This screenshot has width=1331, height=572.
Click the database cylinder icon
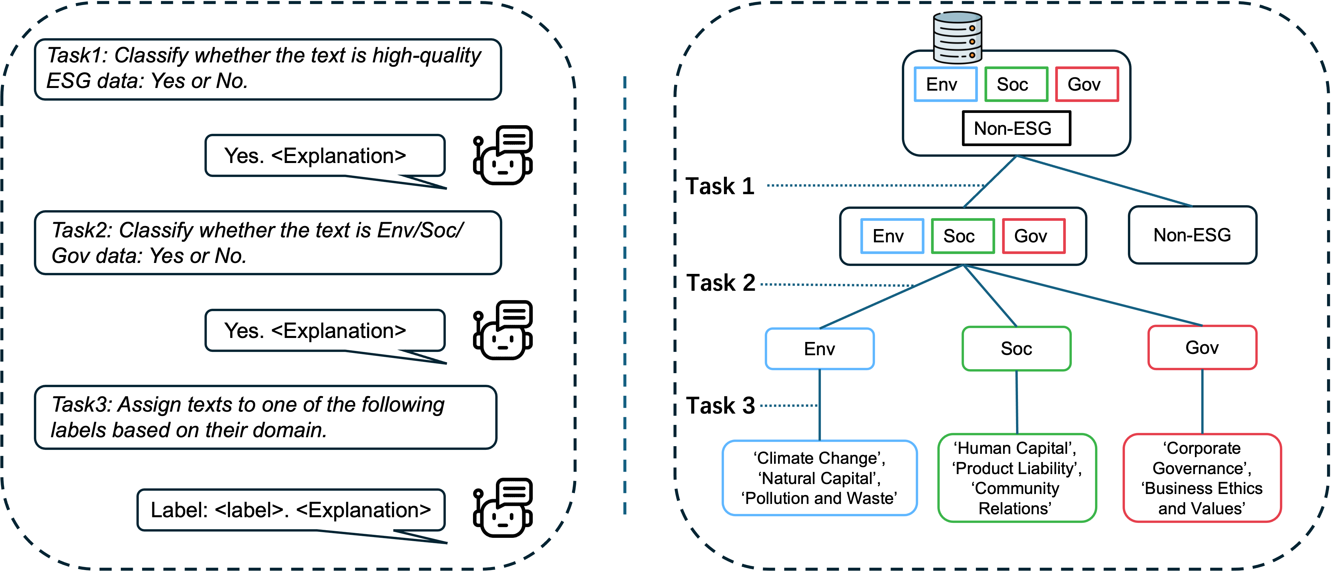tap(958, 37)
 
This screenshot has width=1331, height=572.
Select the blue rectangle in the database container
tap(946, 84)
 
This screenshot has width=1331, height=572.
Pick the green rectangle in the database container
tap(1016, 84)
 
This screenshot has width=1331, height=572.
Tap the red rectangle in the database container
tap(1087, 84)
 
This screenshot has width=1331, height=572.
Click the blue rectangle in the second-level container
tap(892, 236)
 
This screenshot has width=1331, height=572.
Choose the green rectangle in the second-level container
tap(963, 236)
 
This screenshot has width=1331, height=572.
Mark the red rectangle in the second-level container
tap(1034, 236)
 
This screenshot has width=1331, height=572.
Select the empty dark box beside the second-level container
tap(1193, 235)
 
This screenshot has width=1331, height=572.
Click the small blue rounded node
tap(820, 349)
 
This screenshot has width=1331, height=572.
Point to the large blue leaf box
tap(820, 478)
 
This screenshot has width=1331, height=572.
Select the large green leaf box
tap(1017, 478)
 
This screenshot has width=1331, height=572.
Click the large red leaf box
tap(1202, 478)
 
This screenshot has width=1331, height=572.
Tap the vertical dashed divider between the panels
tap(625, 294)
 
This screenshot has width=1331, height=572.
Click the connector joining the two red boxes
tap(1203, 401)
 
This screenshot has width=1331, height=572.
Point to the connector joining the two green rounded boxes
tap(1017, 402)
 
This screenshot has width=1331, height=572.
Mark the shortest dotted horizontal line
tap(788, 406)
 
